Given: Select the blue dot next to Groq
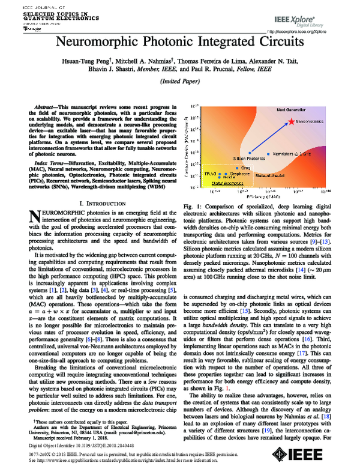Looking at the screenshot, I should click(x=239, y=167).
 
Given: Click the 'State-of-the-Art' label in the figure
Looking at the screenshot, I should click(x=270, y=174).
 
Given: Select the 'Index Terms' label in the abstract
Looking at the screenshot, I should click(x=53, y=163).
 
